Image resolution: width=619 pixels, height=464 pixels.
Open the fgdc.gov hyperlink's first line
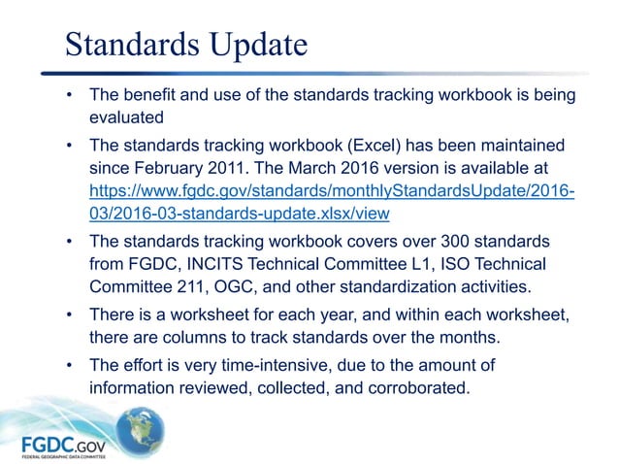pyautogui.click(x=331, y=190)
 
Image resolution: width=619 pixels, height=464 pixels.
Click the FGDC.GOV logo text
pyautogui.click(x=63, y=445)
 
